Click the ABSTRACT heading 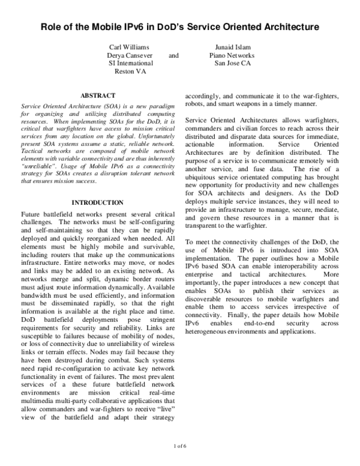[x=97, y=95]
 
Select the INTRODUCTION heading [x=97, y=202]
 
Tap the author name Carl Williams [x=129, y=47]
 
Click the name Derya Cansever [x=129, y=55]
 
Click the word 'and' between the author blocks [x=174, y=55]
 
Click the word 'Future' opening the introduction [x=31, y=214]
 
